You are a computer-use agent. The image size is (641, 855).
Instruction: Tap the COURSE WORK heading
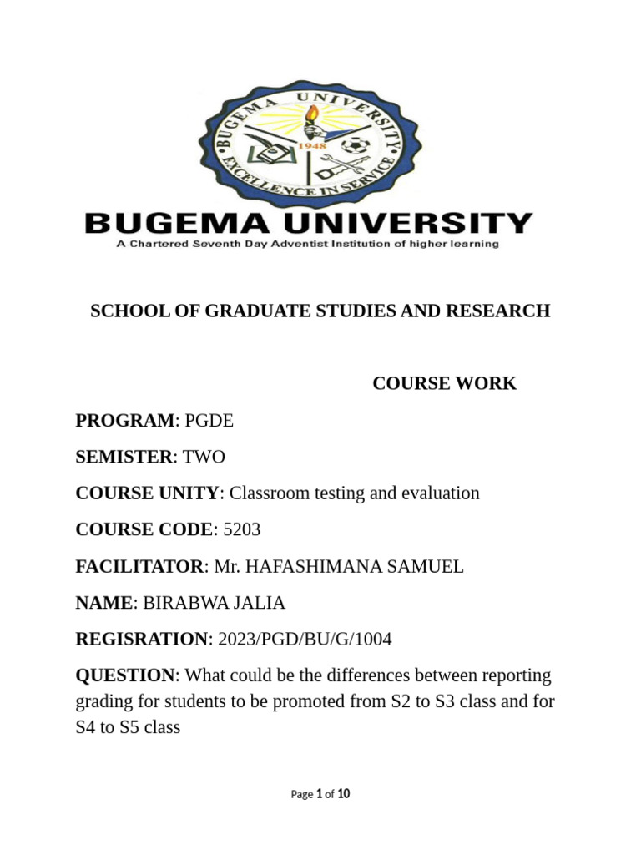coord(444,384)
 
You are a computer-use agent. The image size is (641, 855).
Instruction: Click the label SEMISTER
coord(124,457)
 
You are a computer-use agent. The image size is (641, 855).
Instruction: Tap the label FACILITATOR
coord(139,567)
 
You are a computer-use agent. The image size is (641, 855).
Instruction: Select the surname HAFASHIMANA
coord(309,567)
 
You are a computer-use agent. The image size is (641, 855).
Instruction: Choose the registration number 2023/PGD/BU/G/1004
coord(305,640)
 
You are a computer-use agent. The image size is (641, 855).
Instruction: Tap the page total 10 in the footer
coord(344,794)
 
